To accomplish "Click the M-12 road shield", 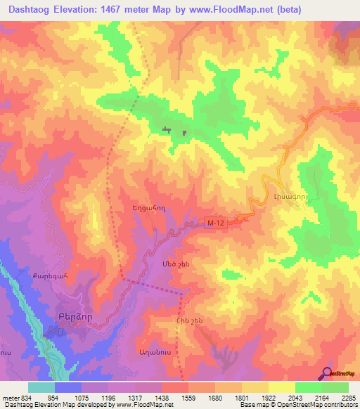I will point(216,222).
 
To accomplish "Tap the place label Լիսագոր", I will point(287,198).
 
